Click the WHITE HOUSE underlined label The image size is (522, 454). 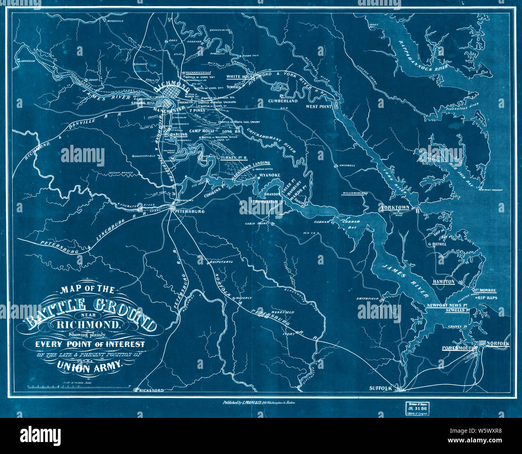[241, 76]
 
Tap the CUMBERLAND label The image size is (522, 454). [283, 101]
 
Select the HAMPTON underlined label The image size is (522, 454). [444, 282]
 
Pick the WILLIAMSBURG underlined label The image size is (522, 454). [355, 193]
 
